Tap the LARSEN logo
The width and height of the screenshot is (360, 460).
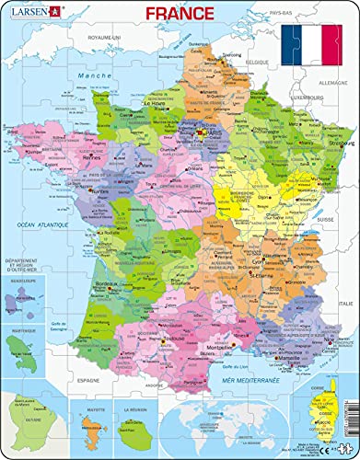(30, 12)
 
